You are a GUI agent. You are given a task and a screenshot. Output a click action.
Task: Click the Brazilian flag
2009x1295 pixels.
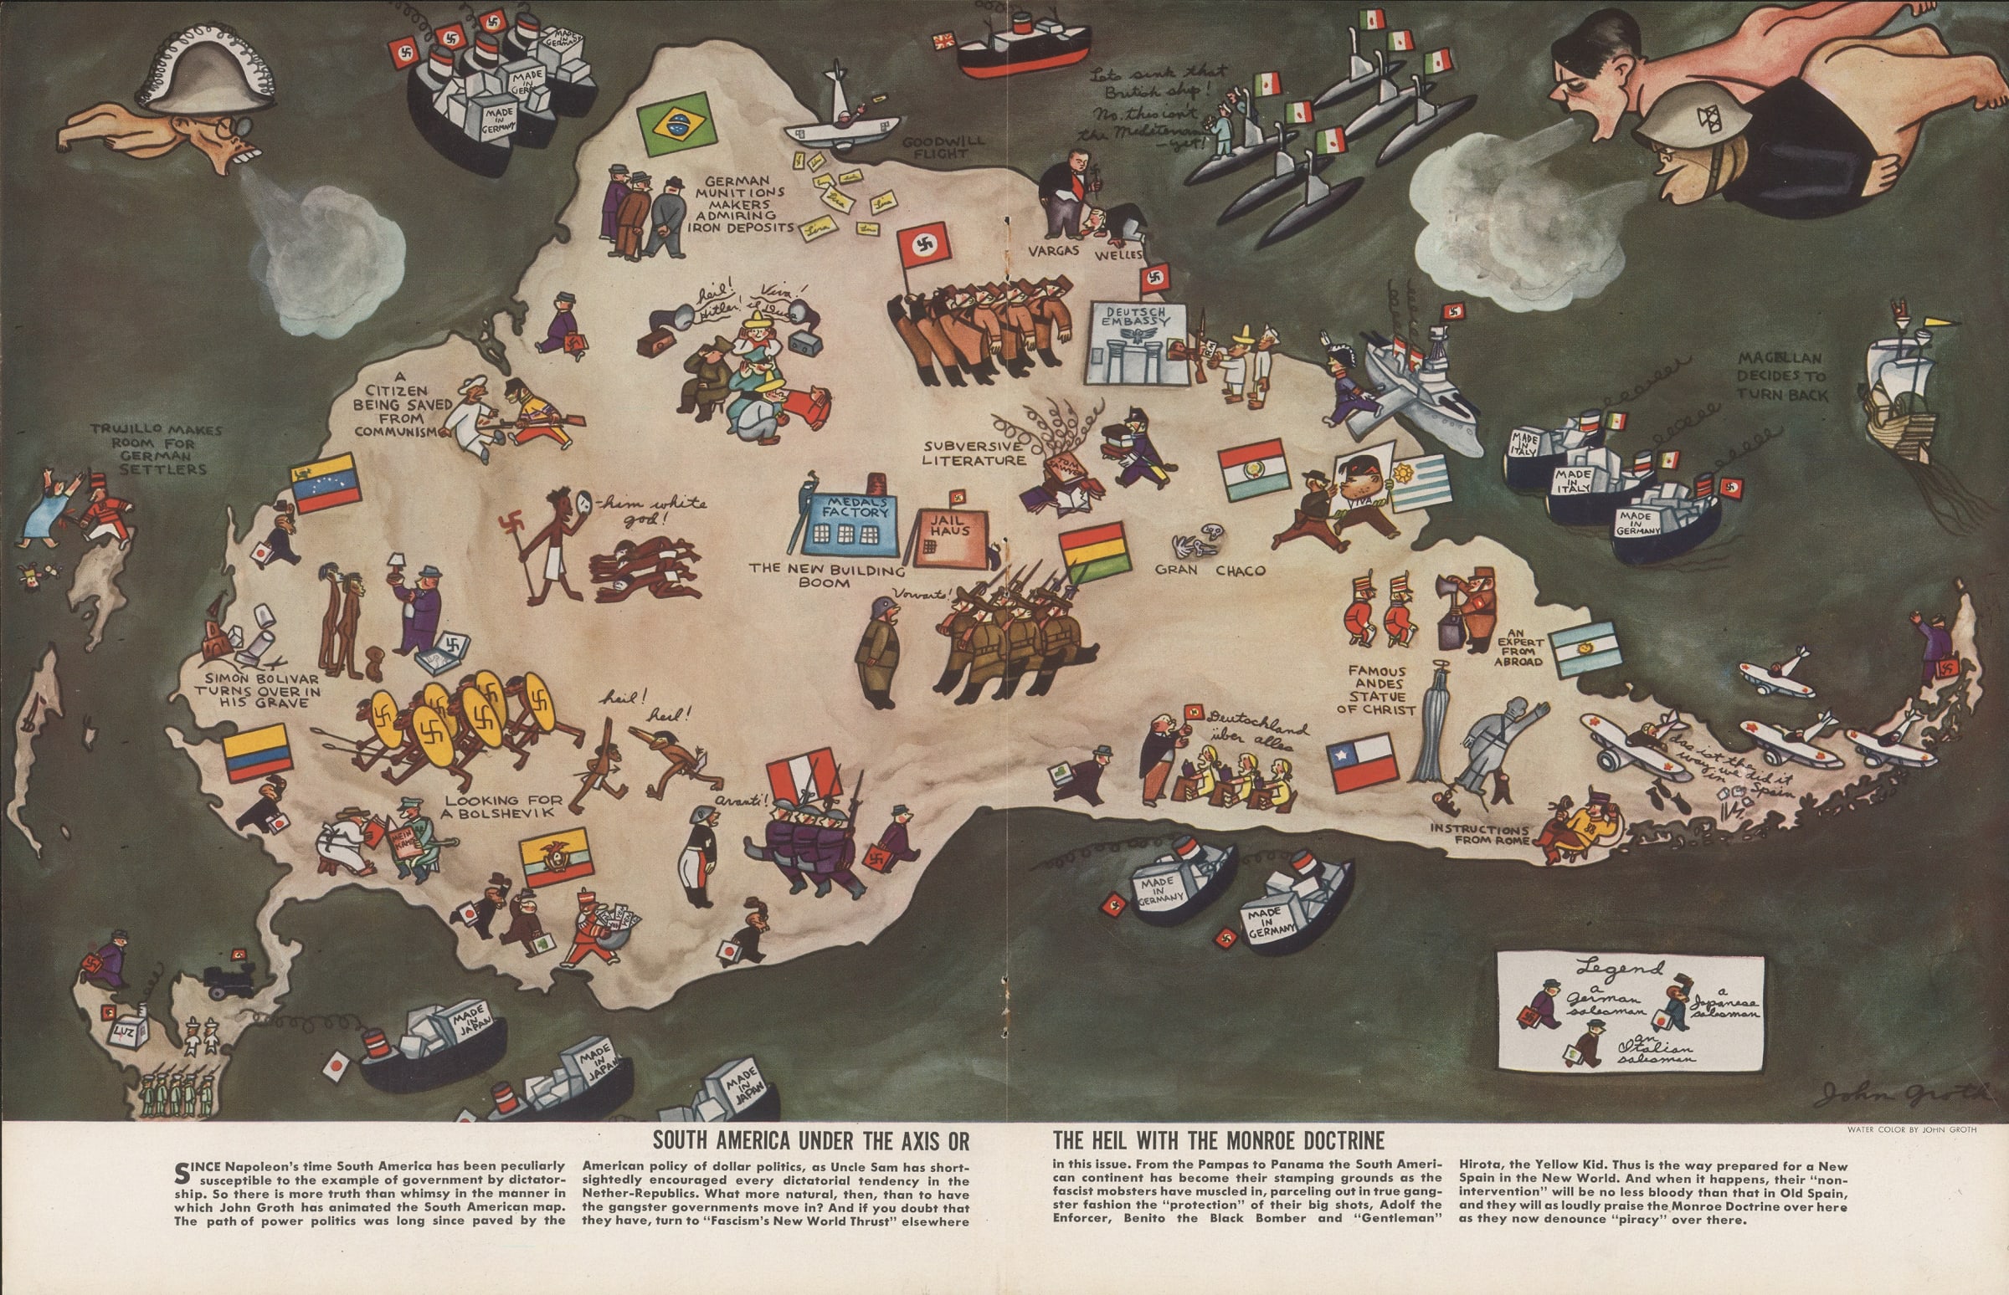point(675,129)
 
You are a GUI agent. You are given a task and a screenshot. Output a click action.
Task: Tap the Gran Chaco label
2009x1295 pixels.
point(1210,571)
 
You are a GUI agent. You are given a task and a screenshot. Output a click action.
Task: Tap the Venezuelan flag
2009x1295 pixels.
point(325,486)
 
